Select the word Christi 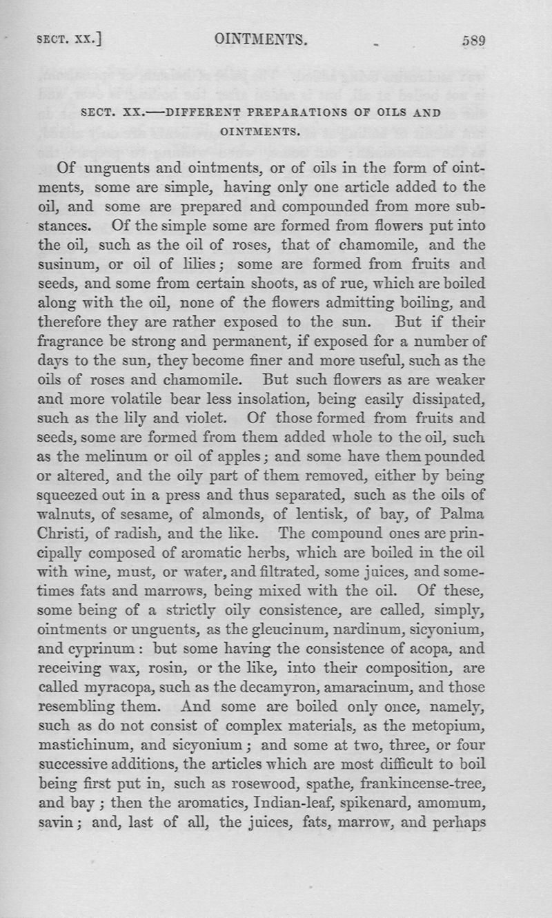point(63,534)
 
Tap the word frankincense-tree point(420,783)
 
